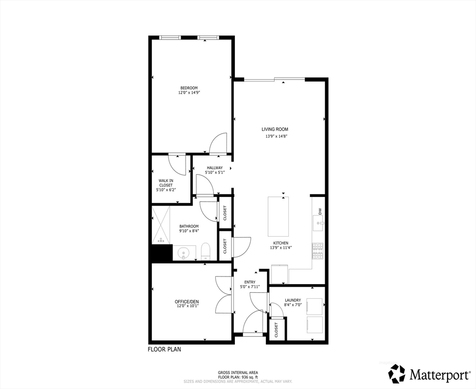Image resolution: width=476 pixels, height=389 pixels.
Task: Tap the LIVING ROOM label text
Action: click(x=275, y=129)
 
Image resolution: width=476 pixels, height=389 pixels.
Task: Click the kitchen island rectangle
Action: click(x=278, y=216)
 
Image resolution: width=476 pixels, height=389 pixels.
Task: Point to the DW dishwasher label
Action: click(x=320, y=211)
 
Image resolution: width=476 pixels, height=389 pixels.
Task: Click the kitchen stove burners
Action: click(x=318, y=251)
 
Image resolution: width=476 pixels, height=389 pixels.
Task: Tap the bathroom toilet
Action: click(x=206, y=251)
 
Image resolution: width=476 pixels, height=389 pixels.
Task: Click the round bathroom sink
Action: click(x=183, y=252)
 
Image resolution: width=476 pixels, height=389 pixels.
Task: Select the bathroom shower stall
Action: click(x=160, y=225)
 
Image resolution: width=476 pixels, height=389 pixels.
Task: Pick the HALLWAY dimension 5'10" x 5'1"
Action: click(x=215, y=173)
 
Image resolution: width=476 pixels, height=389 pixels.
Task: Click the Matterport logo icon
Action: click(x=397, y=373)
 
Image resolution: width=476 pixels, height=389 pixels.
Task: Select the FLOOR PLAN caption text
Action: click(x=164, y=349)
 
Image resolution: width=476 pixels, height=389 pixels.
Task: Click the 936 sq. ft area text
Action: click(x=250, y=377)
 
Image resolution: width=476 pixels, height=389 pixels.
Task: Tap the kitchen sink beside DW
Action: click(x=318, y=223)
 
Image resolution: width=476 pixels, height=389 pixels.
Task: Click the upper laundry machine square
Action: click(x=314, y=306)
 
